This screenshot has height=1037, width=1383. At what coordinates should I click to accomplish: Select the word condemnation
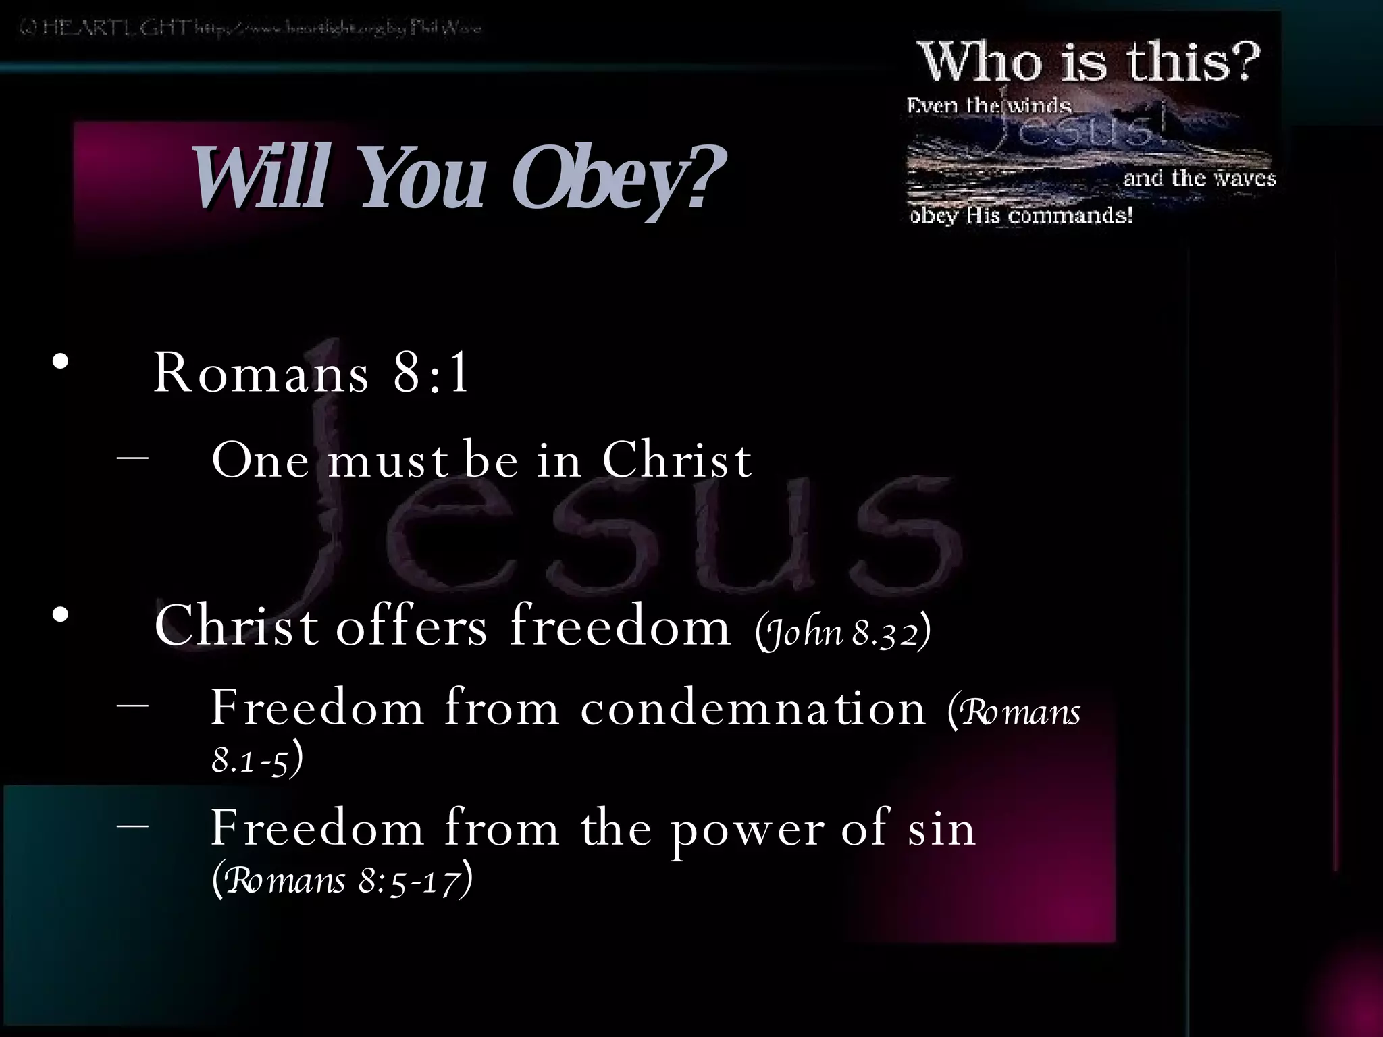click(753, 709)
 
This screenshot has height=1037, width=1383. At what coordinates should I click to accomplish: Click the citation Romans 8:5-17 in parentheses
click(342, 880)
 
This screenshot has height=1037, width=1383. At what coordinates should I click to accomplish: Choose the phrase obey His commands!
click(1021, 216)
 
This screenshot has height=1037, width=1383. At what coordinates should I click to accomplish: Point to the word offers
click(411, 627)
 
